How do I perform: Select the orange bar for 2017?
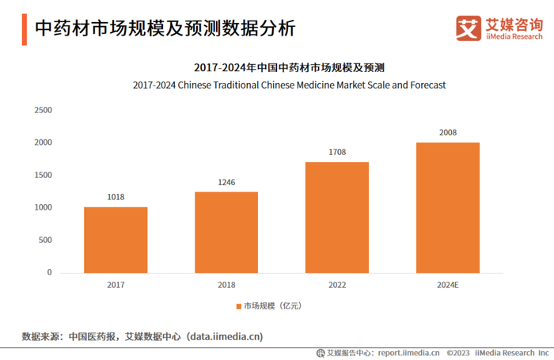tap(116, 240)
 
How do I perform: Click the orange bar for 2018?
tap(226, 232)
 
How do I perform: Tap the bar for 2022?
tap(337, 217)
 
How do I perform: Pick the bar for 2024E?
tap(448, 207)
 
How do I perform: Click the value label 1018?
tap(116, 197)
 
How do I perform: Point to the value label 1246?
tap(226, 183)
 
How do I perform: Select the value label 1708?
tap(337, 152)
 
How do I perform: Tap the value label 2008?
tap(448, 133)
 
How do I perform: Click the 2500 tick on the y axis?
tap(43, 110)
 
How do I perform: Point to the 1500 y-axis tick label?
tap(43, 175)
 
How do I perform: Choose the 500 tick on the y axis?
tap(45, 240)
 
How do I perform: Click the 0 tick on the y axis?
tap(49, 272)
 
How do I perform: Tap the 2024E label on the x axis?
tap(448, 284)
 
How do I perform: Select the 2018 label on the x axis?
tap(226, 284)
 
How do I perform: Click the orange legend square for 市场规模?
tap(237, 306)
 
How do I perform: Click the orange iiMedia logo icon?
tap(469, 28)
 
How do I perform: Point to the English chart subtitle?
tap(290, 84)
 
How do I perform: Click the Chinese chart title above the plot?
tap(290, 66)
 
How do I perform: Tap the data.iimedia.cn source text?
tap(225, 336)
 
